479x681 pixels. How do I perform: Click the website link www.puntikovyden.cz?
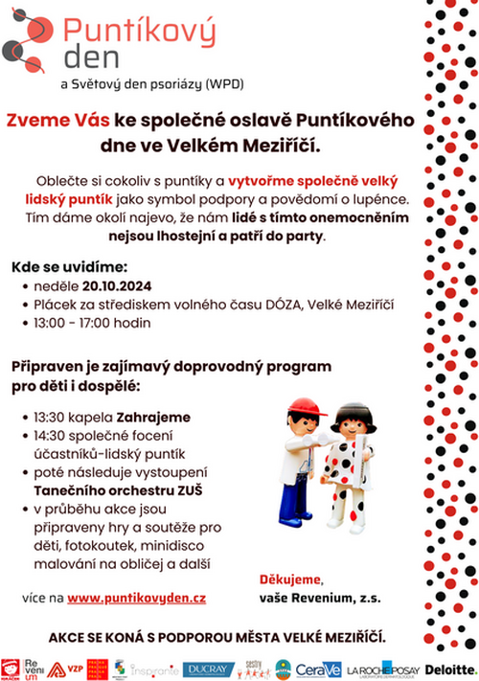click(x=137, y=597)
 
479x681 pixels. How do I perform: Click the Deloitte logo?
click(x=450, y=668)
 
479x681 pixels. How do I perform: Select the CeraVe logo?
click(x=317, y=669)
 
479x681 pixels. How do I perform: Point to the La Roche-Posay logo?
click(x=383, y=669)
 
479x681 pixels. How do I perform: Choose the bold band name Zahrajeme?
click(x=153, y=418)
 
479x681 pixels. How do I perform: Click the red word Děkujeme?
click(x=291, y=579)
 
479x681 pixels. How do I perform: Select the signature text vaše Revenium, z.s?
click(x=319, y=597)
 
